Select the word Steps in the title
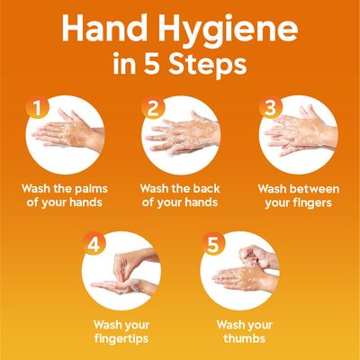coord(211,66)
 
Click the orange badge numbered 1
coord(37,108)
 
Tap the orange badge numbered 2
coord(153,108)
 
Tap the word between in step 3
coord(317,189)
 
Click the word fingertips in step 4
coord(121,338)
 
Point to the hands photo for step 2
coord(180,138)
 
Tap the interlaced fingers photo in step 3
coord(298,138)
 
